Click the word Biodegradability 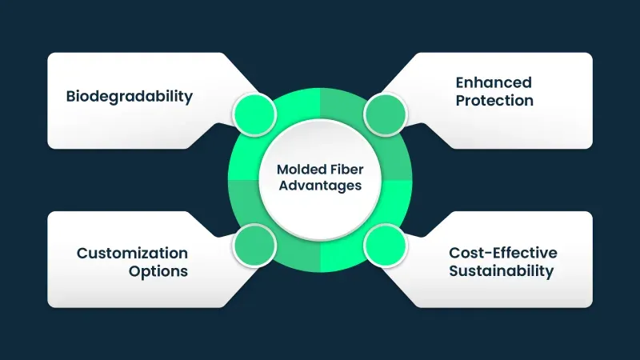[129, 97]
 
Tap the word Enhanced [494, 82]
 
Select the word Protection [494, 101]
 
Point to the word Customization [132, 253]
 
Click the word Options [158, 271]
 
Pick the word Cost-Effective [502, 253]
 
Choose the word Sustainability [501, 271]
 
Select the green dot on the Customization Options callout [254, 244]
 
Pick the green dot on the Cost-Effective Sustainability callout [386, 244]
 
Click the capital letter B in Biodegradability [70, 97]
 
